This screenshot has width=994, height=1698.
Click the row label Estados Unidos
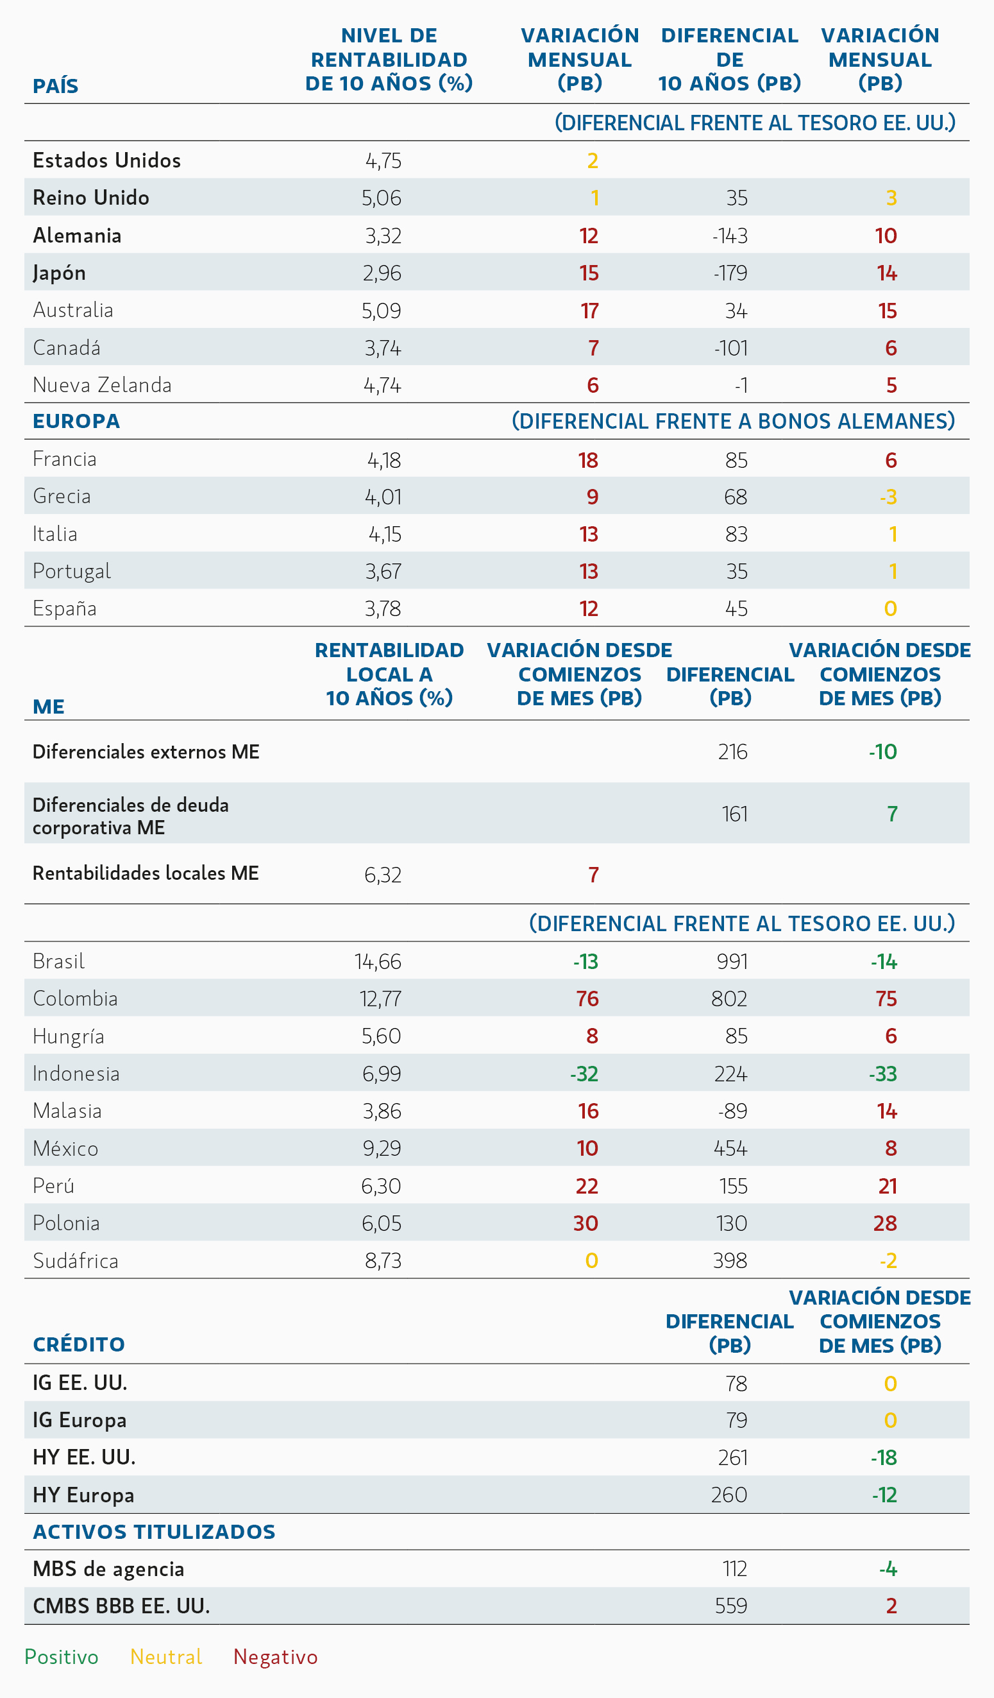[106, 160]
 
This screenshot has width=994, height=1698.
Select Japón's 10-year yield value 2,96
[382, 273]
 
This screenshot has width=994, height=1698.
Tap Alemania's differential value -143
[730, 236]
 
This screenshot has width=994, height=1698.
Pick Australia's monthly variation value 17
[589, 311]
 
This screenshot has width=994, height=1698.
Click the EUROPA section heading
[76, 421]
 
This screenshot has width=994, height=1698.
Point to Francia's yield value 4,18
[384, 460]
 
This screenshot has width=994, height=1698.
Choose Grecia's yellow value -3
[888, 497]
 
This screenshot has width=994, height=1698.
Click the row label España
[65, 608]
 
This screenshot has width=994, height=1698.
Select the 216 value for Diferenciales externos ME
[733, 751]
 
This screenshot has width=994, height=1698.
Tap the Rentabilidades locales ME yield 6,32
[382, 875]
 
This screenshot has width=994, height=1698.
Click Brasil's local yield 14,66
[378, 961]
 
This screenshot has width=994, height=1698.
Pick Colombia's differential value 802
[729, 999]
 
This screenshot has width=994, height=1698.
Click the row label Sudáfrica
[76, 1261]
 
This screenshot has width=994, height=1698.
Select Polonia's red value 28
[885, 1223]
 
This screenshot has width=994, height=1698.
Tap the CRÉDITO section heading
[79, 1344]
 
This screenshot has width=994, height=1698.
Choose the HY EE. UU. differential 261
[733, 1457]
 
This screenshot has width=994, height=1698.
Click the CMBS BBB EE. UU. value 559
[731, 1606]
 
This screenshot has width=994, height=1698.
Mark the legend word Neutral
[166, 1656]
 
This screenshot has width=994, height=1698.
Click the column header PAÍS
[55, 86]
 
